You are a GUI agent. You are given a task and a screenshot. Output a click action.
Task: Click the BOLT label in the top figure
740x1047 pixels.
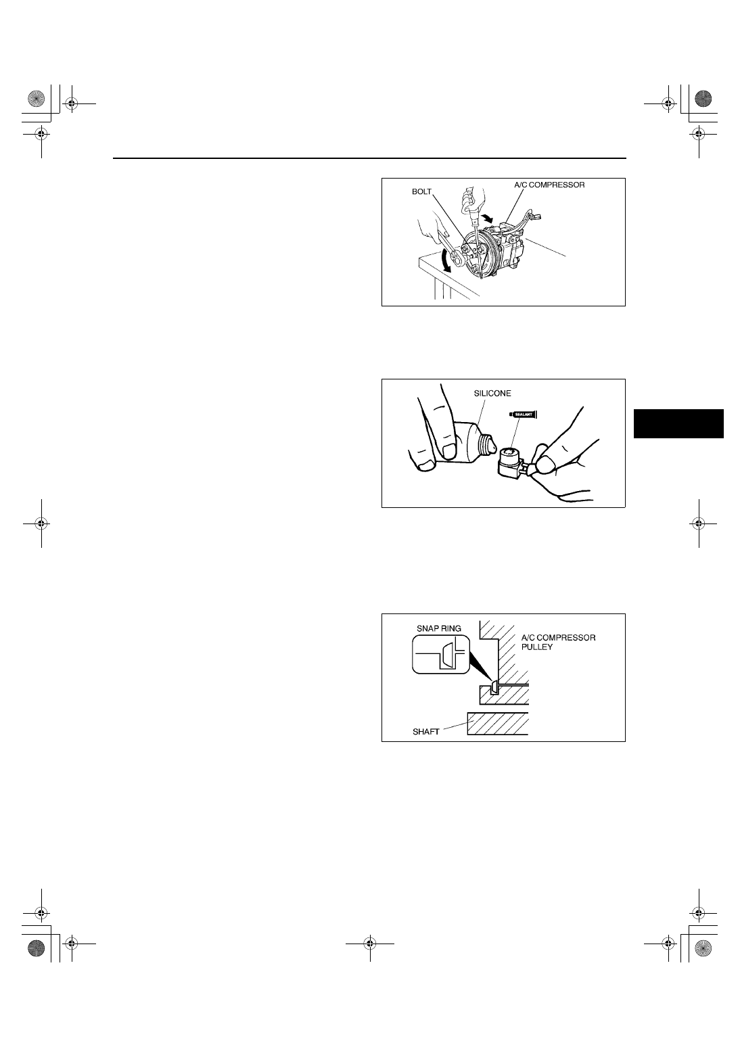421,191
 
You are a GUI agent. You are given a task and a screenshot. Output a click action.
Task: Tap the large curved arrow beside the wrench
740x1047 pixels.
446,261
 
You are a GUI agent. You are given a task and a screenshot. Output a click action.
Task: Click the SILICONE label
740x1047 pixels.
492,394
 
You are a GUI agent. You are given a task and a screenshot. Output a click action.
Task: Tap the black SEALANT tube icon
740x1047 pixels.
523,414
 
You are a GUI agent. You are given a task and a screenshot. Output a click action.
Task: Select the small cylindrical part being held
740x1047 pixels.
512,463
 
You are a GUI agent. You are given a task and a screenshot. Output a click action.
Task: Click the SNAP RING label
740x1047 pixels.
438,628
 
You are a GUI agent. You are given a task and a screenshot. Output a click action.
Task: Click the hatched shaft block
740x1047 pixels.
497,724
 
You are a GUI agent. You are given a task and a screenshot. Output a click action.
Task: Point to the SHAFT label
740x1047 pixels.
425,732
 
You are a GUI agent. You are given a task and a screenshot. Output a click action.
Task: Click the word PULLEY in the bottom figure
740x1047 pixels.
536,647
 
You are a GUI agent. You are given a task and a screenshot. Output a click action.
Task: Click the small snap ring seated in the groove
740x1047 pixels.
494,688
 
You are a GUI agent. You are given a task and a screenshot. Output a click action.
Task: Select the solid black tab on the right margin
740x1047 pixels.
678,423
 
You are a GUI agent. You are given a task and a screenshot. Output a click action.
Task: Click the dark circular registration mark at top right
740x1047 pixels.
703,99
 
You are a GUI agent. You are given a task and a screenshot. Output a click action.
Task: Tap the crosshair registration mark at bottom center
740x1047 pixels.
370,944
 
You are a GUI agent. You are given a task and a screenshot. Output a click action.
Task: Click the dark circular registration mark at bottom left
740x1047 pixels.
36,948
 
